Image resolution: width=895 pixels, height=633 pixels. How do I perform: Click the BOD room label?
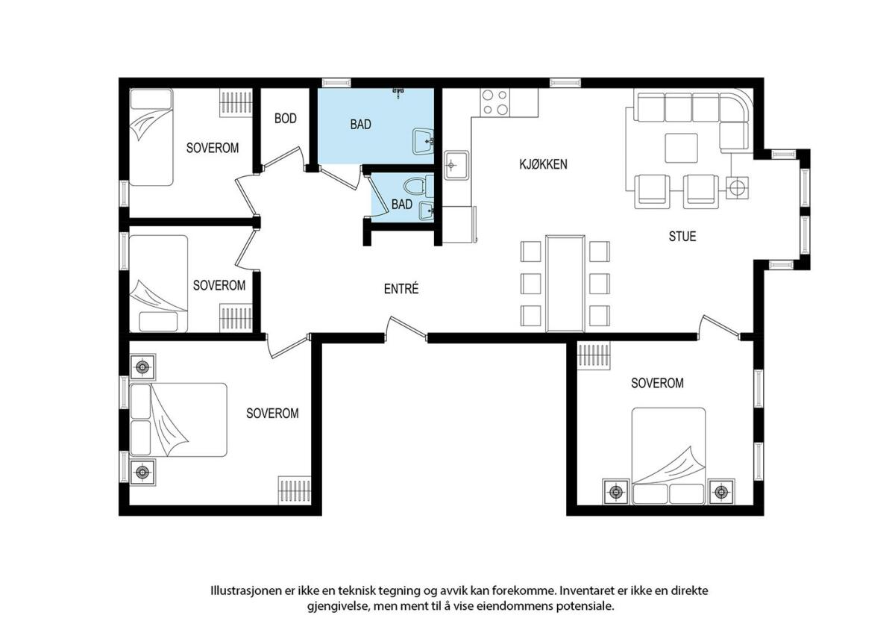285,119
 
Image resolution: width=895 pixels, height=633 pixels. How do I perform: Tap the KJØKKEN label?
543,164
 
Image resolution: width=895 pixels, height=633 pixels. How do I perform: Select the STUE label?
682,236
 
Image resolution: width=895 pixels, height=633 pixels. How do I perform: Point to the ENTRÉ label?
401,288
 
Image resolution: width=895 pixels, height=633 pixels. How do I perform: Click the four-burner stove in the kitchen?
495,102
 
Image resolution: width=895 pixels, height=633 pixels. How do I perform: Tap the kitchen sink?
457,165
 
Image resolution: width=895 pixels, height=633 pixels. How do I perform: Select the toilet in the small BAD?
418,187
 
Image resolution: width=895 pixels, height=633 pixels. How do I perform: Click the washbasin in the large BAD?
423,141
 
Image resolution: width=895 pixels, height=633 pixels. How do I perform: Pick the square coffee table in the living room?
681,148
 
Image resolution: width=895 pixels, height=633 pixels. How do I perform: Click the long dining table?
565,283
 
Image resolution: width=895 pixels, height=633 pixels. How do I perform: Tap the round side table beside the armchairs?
737,187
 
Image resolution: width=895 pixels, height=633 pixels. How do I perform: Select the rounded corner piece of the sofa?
734,107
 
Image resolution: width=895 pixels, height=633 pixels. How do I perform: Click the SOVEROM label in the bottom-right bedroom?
657,383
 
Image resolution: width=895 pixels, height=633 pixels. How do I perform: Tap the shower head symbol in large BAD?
398,93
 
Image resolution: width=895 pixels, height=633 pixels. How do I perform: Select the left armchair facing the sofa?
652,191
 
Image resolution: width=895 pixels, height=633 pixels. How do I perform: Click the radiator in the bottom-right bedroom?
594,356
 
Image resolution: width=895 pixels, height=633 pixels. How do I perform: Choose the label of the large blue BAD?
360,125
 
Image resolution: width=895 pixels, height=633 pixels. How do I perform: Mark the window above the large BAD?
336,83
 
